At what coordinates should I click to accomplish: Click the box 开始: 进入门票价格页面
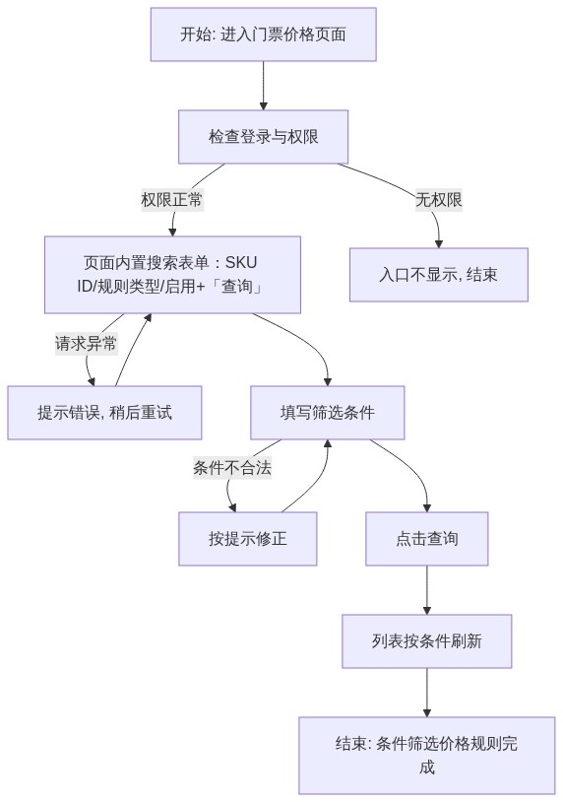tap(263, 34)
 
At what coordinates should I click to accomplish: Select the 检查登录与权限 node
tap(263, 137)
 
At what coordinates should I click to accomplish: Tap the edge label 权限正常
tap(172, 199)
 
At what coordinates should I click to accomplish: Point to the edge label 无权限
tap(438, 199)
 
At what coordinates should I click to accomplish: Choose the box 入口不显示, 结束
tap(438, 275)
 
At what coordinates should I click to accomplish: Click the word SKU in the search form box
tap(240, 262)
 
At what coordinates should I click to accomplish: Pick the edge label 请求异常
tap(86, 343)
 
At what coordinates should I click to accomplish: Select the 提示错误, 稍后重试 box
tap(104, 412)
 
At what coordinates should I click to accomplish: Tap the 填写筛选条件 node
tap(327, 412)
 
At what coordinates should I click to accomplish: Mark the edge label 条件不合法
tap(232, 467)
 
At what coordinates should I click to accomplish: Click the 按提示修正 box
tap(247, 539)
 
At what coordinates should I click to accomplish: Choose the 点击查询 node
tap(426, 539)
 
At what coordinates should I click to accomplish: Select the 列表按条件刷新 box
tap(426, 640)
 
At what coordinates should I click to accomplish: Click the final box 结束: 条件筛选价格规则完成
tap(426, 756)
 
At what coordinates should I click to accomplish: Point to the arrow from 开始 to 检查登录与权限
tap(263, 86)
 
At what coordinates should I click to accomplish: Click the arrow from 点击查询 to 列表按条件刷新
tap(426, 590)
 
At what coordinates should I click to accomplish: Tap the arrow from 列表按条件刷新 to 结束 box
tap(426, 692)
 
